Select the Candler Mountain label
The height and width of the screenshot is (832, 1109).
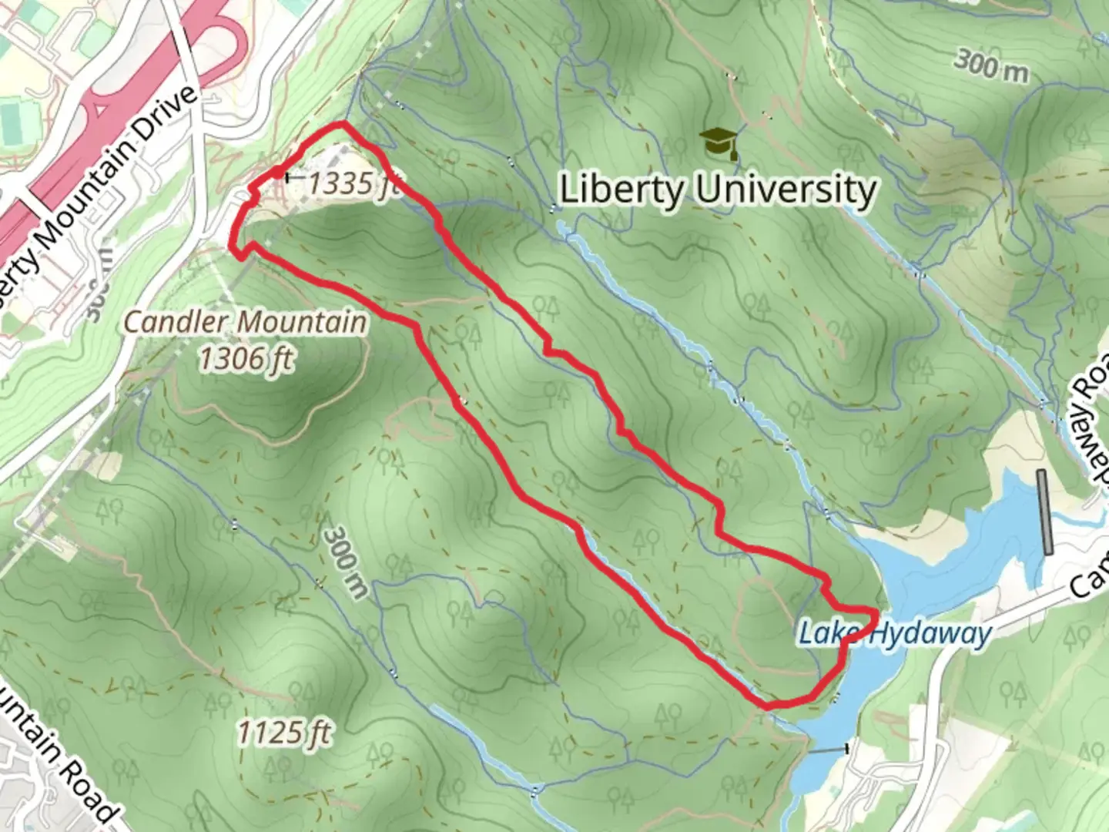(x=245, y=321)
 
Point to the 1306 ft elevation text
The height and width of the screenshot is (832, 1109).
(x=246, y=358)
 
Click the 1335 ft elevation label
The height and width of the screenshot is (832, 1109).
(x=351, y=185)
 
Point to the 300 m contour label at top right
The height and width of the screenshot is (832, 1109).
(x=992, y=65)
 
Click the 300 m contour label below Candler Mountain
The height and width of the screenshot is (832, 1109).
(x=346, y=562)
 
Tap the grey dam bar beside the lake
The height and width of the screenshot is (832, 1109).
(x=1044, y=512)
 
